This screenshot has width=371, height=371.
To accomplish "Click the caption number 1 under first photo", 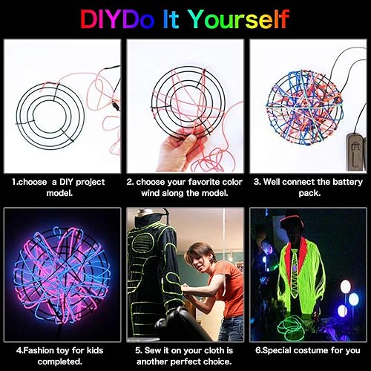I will click(14, 181).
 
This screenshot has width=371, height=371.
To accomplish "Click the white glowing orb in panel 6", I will click(345, 286).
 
